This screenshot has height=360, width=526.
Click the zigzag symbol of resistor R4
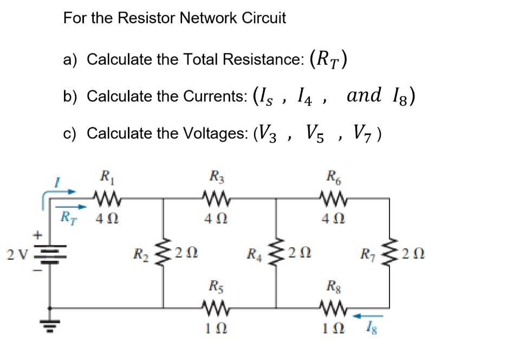(x=277, y=252)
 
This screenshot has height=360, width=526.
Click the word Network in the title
(x=204, y=18)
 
